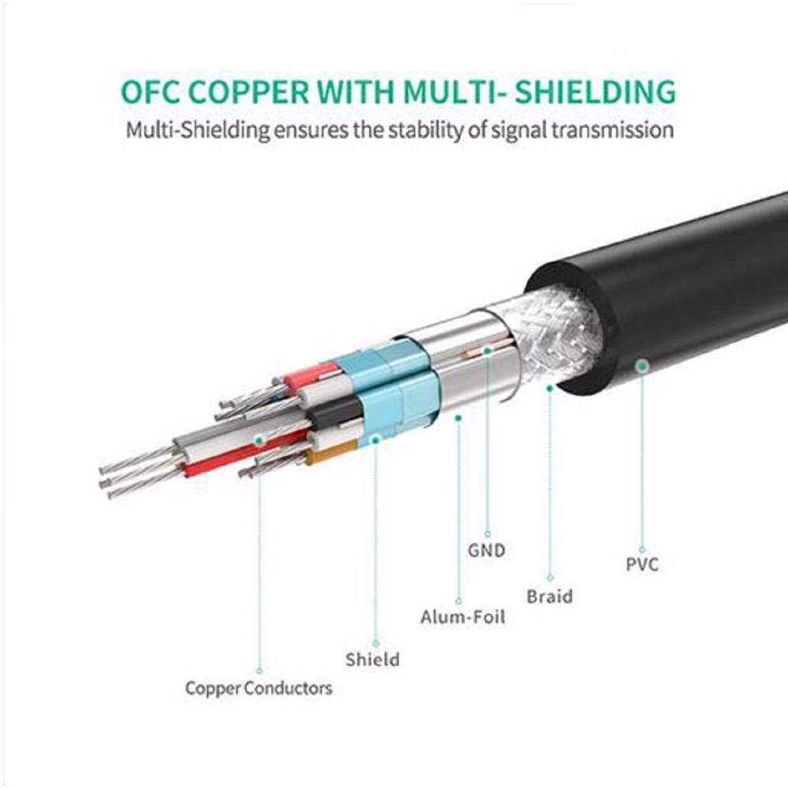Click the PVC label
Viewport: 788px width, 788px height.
click(641, 564)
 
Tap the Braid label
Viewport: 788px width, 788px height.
click(549, 596)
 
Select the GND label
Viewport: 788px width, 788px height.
click(486, 550)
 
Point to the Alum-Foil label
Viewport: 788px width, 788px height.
click(462, 617)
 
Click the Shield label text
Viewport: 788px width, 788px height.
click(373, 659)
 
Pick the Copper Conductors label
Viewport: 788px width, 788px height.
click(258, 688)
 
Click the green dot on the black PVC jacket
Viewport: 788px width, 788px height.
click(642, 366)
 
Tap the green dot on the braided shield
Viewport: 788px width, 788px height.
click(549, 388)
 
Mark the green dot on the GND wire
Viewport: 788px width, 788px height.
click(488, 350)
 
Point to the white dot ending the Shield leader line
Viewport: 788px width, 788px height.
click(375, 643)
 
